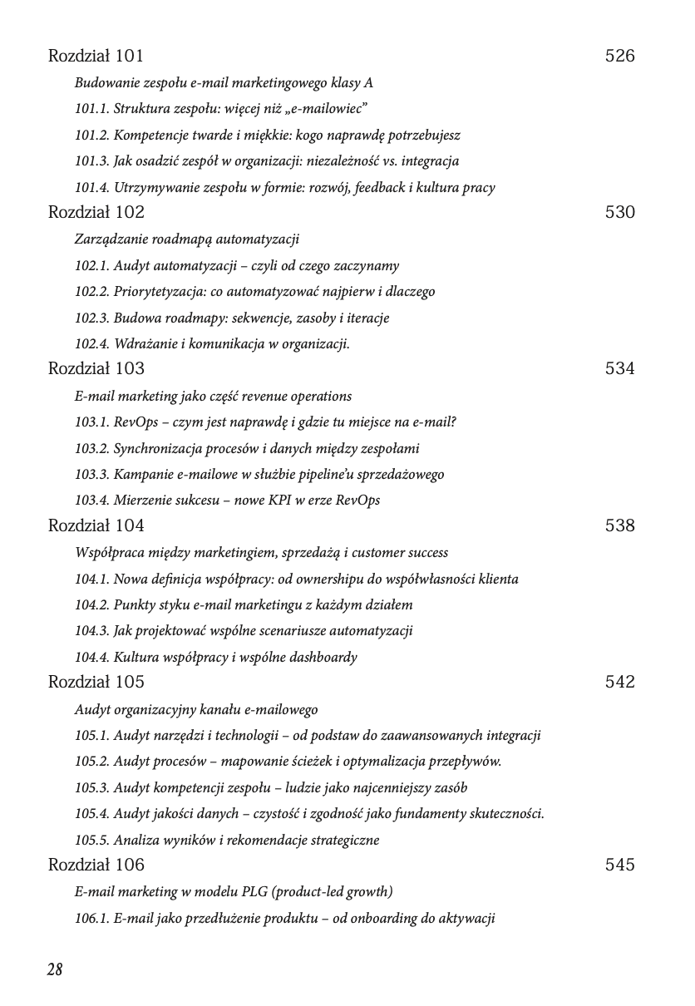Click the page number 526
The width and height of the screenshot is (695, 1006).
tap(619, 57)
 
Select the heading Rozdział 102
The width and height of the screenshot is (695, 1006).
tap(96, 213)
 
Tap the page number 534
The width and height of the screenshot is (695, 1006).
tap(619, 369)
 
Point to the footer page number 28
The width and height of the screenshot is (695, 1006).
tap(55, 969)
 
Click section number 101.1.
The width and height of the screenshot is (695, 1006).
tap(91, 109)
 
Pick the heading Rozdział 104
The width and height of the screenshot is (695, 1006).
tap(96, 525)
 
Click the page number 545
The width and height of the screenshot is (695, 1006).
tap(619, 865)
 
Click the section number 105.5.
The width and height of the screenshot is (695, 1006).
tap(91, 840)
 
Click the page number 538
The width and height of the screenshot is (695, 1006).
tap(619, 525)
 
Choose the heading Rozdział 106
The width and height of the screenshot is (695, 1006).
tap(96, 865)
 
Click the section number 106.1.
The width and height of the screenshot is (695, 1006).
tap(91, 919)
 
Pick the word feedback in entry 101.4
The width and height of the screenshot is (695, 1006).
tap(380, 187)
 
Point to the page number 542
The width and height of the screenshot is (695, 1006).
tap(619, 682)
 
